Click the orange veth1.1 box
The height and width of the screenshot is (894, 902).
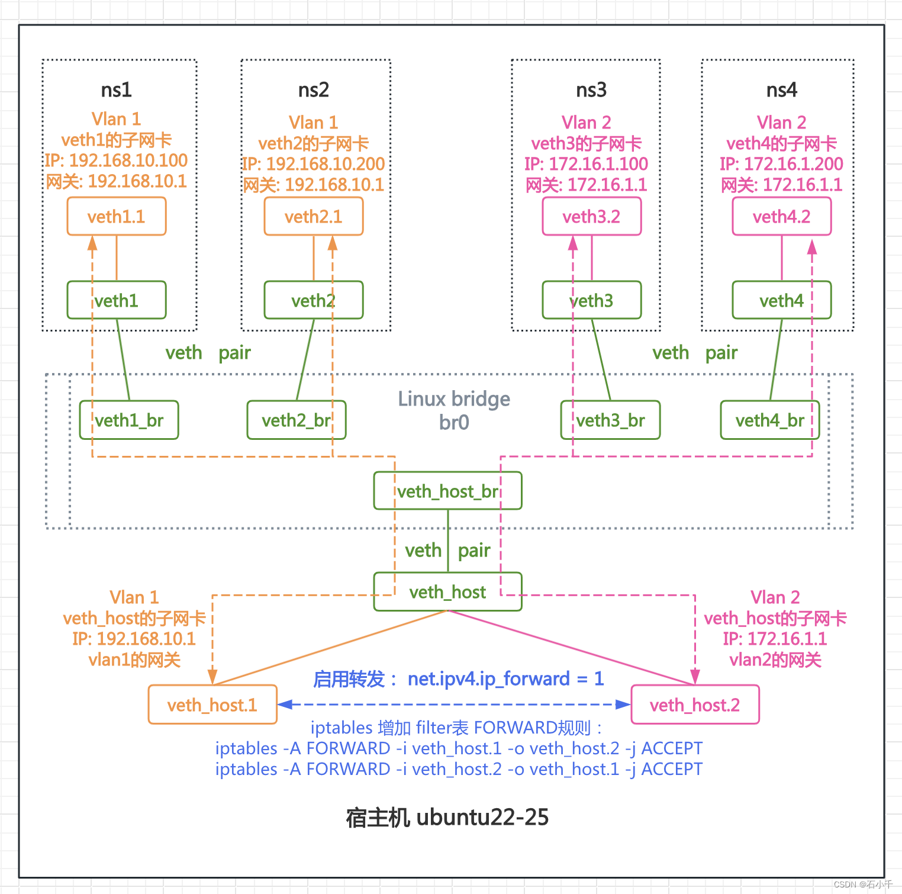[x=117, y=217]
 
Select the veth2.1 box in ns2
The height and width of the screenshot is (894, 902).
[x=313, y=217]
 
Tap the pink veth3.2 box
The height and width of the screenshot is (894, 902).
[x=591, y=217]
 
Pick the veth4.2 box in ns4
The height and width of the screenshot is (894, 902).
[x=781, y=217]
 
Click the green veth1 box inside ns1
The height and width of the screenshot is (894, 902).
[x=117, y=301]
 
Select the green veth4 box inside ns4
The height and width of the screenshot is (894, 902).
[x=781, y=301]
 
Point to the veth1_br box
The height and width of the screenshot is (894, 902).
[x=129, y=420]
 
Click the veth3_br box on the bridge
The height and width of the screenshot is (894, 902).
[x=610, y=420]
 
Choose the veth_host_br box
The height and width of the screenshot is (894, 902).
[x=447, y=491]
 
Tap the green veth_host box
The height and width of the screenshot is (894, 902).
[x=447, y=591]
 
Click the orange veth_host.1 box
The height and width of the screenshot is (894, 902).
[x=212, y=705]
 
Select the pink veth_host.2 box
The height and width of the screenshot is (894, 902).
[x=695, y=705]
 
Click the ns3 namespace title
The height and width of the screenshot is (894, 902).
[x=591, y=90]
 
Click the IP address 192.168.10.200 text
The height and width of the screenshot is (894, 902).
[x=325, y=164]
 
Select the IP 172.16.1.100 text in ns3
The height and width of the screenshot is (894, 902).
[x=598, y=164]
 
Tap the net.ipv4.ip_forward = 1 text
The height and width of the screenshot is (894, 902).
[x=505, y=678]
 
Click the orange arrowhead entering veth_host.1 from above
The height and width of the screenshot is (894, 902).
[x=212, y=677]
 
